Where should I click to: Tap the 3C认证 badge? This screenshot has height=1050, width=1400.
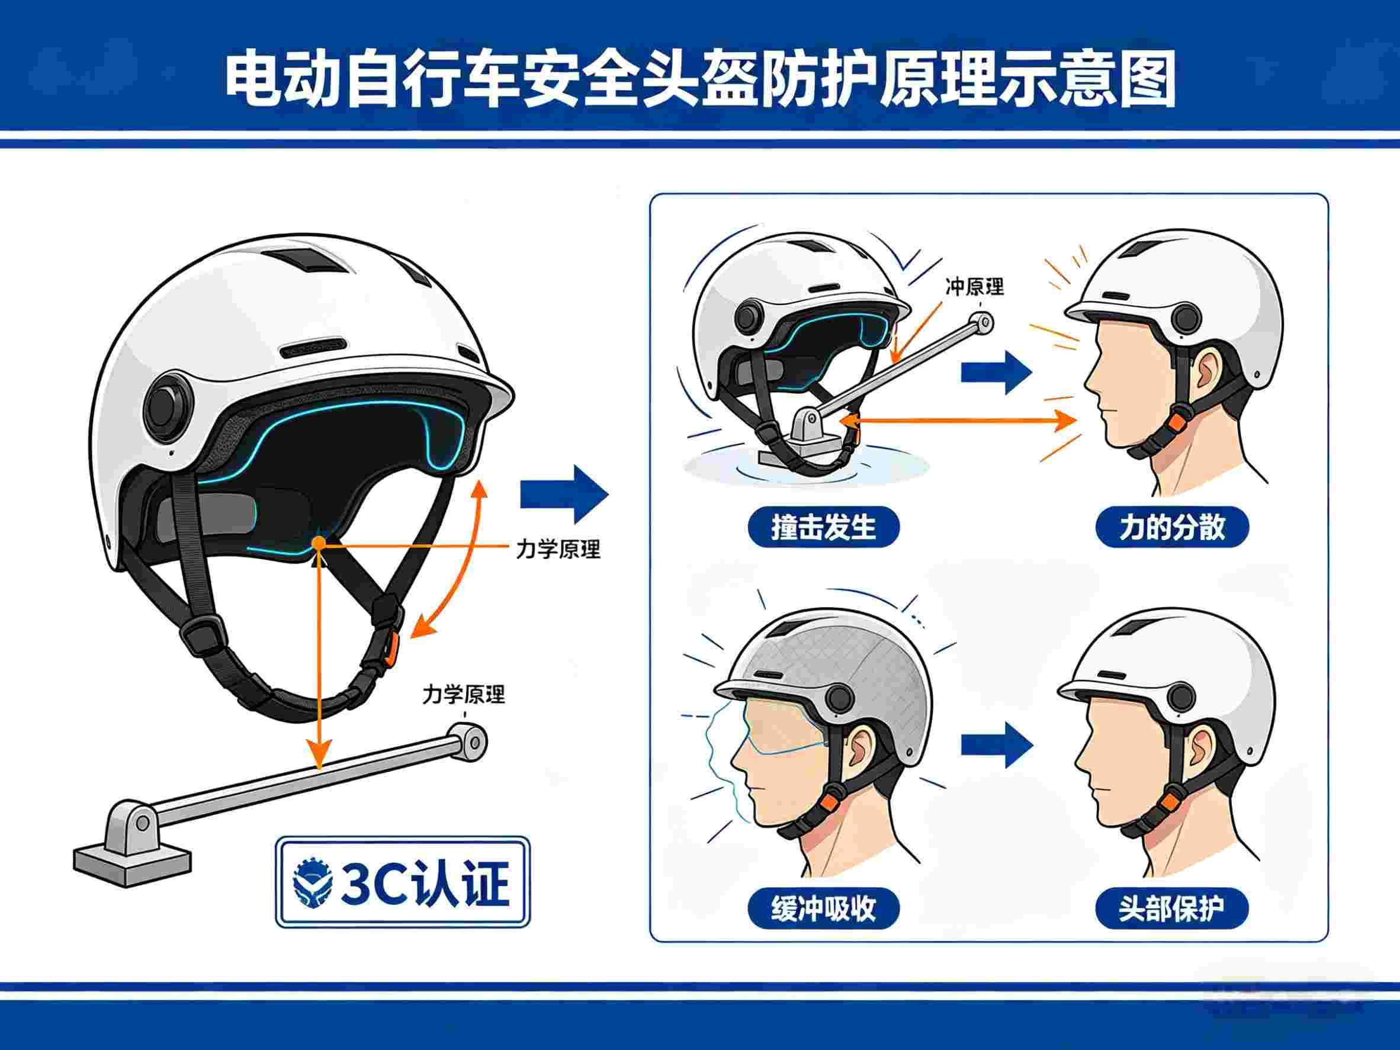click(x=403, y=882)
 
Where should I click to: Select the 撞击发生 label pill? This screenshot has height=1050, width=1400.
click(x=823, y=526)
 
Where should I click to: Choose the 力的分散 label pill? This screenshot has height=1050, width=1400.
click(x=1172, y=526)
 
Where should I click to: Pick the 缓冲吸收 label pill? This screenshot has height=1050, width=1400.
click(x=823, y=909)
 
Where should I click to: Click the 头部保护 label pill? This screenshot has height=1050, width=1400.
click(x=1172, y=909)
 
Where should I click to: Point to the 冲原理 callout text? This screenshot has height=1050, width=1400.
click(x=975, y=287)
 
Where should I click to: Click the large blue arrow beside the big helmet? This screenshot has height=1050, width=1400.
click(x=564, y=495)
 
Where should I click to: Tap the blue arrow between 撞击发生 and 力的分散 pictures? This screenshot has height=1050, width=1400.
click(x=997, y=372)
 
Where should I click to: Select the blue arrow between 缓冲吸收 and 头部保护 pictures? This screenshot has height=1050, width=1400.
click(x=997, y=746)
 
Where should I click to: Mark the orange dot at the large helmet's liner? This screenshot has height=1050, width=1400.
click(x=319, y=542)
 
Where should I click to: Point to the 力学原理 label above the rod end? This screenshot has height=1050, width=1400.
click(x=463, y=695)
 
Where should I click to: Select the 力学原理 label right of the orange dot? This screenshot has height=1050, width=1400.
click(x=558, y=549)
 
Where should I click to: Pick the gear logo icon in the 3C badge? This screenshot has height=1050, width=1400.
click(x=313, y=882)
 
